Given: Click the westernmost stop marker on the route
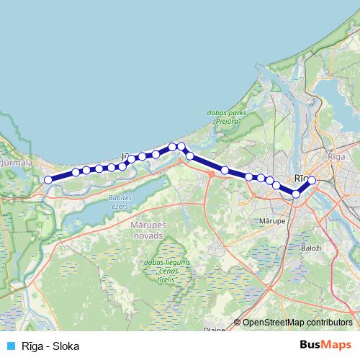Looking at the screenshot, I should coord(48,180).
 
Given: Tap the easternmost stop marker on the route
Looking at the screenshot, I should coord(312,181).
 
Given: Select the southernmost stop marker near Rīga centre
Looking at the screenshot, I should coord(296,194).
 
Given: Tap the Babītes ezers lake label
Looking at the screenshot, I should coord(119,202).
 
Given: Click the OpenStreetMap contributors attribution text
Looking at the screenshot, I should coord(297,323).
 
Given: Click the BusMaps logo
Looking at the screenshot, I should coord(325,346).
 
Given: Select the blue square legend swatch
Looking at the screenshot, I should coord(9,346).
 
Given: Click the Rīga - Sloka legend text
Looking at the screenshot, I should coord(50,346).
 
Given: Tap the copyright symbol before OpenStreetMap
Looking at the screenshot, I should coord(238,323).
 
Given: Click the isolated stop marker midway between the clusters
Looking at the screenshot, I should coord(225,171).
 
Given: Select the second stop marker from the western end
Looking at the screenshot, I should coord(76,172).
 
